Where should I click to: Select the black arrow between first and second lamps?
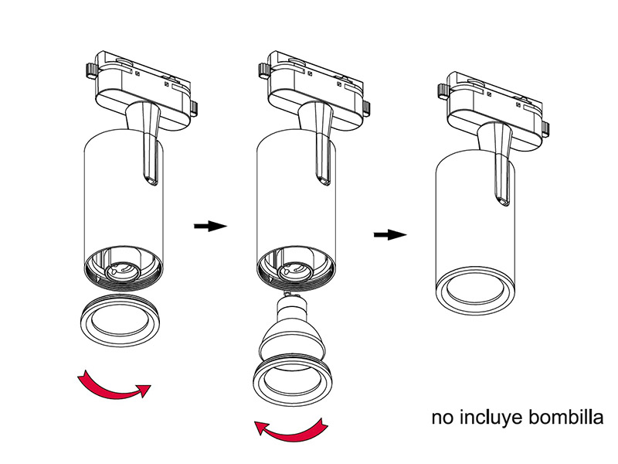coord(209,226)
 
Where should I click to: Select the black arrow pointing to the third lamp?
coord(389,234)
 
